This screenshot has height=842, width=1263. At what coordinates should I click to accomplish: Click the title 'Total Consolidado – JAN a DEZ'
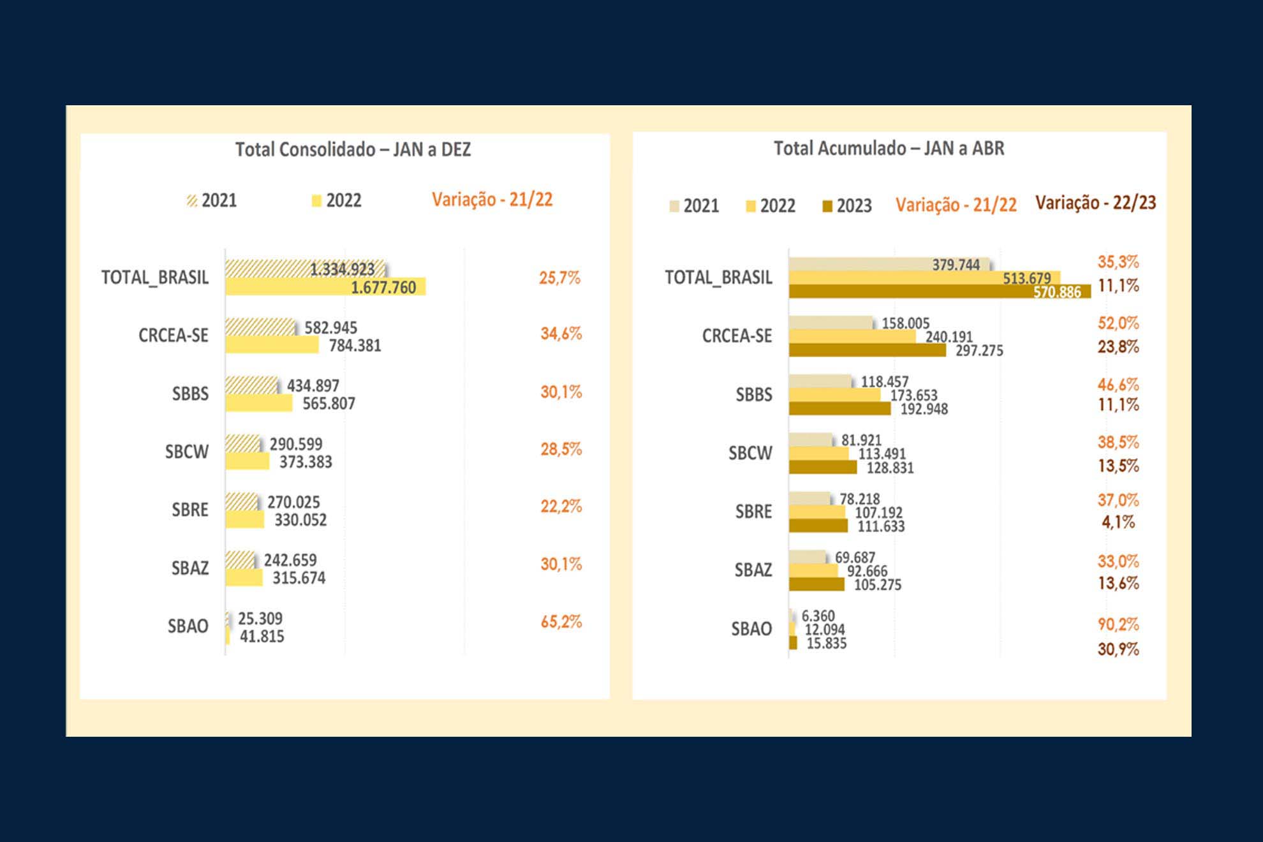353,149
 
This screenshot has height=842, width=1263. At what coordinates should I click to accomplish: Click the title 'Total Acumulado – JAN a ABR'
889,148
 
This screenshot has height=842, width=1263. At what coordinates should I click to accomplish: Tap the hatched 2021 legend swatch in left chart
192,201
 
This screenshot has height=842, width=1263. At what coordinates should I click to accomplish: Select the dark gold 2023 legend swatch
827,207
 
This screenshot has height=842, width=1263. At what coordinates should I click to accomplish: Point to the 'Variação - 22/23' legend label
1095,203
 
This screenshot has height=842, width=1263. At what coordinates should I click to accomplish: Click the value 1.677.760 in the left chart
383,288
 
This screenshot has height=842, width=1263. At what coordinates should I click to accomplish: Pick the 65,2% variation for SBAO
561,622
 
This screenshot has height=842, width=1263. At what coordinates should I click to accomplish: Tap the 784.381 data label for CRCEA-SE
355,346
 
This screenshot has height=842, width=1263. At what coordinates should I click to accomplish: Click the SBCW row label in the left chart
186,452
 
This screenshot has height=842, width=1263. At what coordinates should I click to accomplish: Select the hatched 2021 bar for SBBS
251,385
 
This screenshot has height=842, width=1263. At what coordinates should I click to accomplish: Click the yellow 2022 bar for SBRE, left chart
245,519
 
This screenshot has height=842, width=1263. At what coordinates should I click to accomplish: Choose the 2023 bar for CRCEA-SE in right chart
867,350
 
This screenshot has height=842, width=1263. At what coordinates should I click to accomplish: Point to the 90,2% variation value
1118,624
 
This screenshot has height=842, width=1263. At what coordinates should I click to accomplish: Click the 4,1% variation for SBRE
1118,522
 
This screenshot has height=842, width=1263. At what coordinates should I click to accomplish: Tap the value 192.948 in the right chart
924,409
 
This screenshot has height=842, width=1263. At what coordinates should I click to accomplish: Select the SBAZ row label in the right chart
753,570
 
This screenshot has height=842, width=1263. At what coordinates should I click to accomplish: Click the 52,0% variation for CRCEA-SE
1118,323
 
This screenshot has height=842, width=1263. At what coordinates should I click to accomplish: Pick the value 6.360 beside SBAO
818,616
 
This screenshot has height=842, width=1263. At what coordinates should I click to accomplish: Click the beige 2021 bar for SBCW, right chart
811,439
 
